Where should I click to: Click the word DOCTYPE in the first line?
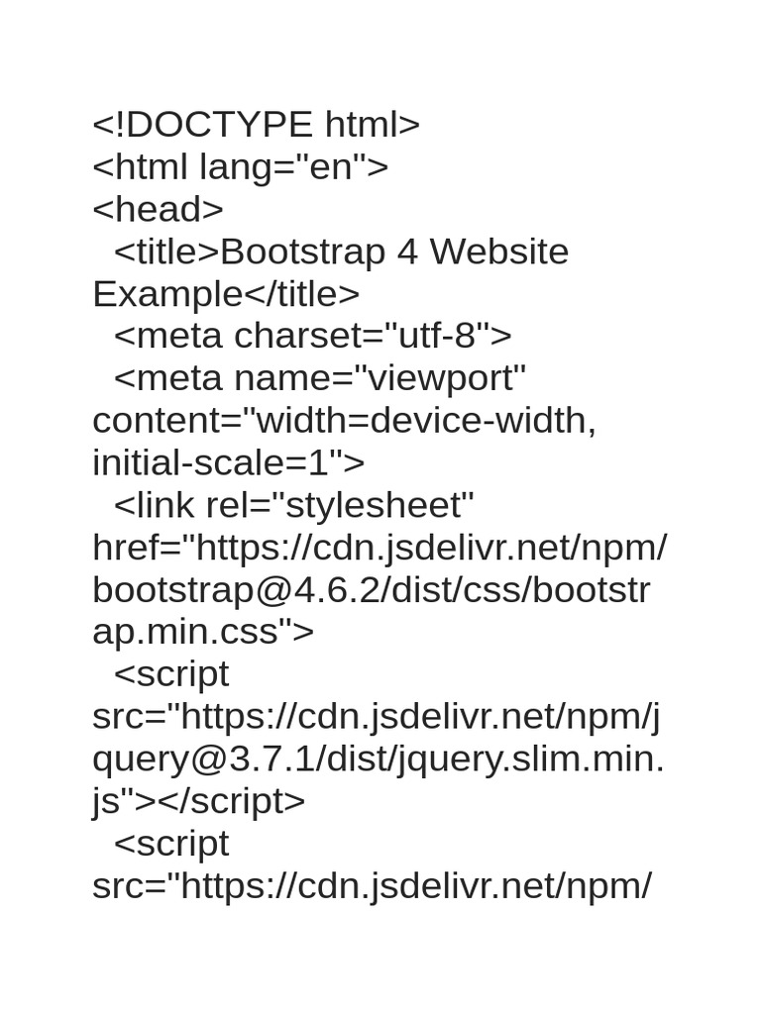(219, 124)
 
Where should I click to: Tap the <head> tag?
(158, 209)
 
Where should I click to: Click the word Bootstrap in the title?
(303, 253)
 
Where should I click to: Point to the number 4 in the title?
(407, 252)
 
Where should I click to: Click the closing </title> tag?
(301, 293)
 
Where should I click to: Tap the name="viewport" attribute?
(380, 378)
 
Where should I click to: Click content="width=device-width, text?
(344, 420)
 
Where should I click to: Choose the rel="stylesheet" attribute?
(340, 505)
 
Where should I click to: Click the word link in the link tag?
(165, 505)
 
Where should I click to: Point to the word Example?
(166, 294)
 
